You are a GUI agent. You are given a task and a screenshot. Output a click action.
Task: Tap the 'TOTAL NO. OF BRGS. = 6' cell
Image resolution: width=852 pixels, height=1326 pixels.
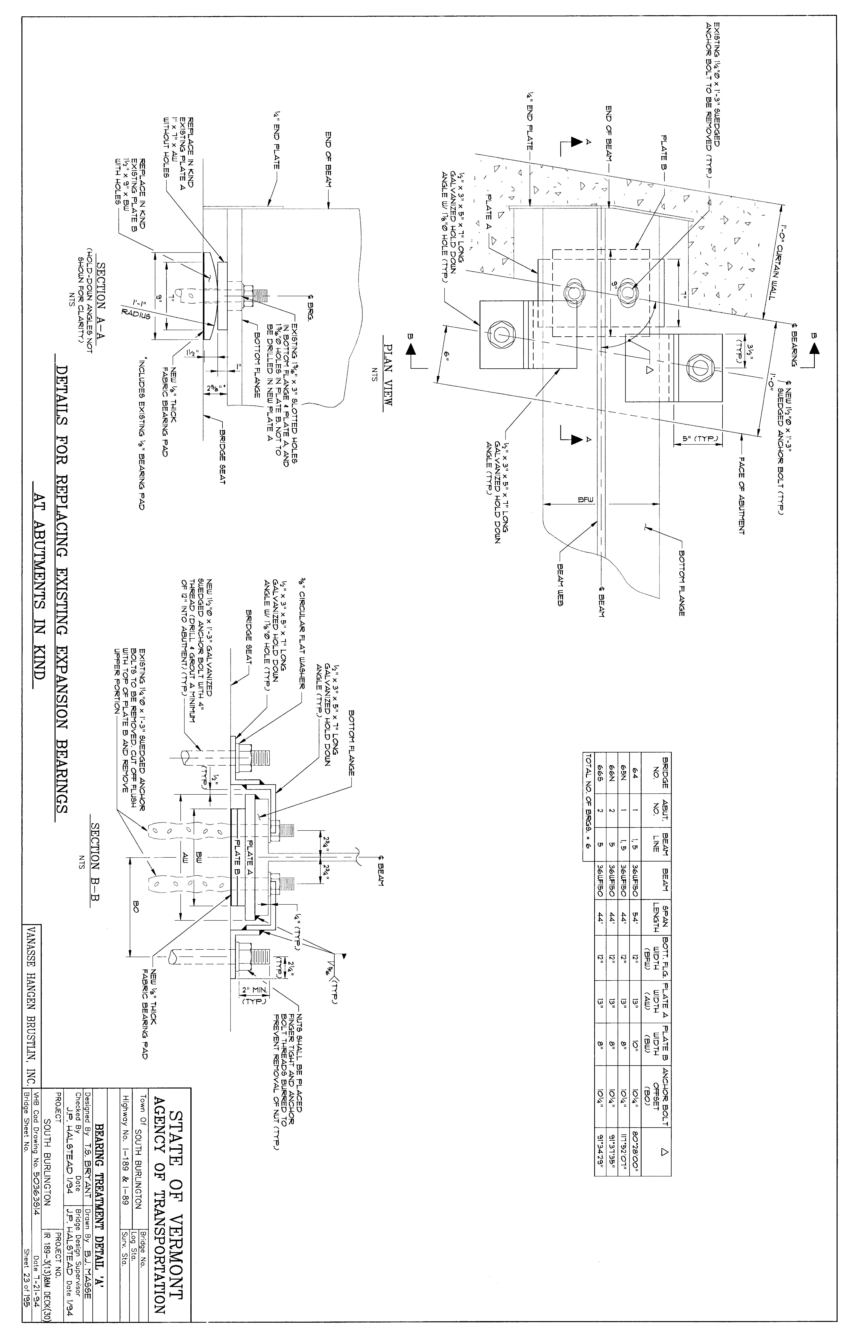(586, 797)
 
